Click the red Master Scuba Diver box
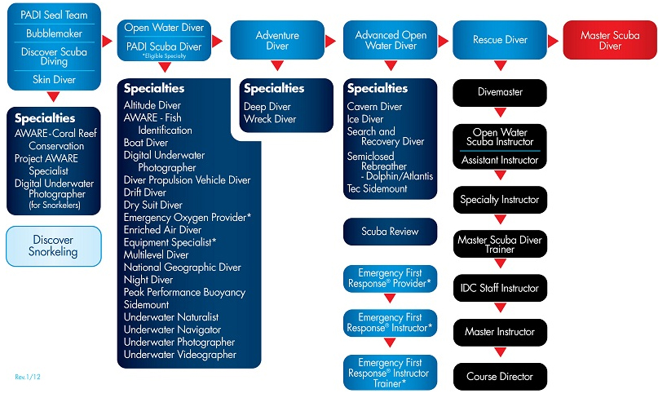click(x=610, y=41)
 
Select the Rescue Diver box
click(x=500, y=40)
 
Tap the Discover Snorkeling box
click(x=54, y=246)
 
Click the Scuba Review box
click(x=390, y=232)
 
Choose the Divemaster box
click(x=500, y=92)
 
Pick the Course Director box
click(x=500, y=377)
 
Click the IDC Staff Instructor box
click(x=500, y=288)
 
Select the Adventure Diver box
click(x=277, y=41)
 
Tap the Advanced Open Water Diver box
click(x=391, y=41)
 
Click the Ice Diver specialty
click(x=365, y=119)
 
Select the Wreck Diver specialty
click(x=270, y=119)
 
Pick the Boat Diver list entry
click(x=146, y=142)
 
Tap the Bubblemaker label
click(x=54, y=34)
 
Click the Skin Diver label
click(x=54, y=79)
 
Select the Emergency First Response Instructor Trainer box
click(x=390, y=371)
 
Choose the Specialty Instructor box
click(x=500, y=200)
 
